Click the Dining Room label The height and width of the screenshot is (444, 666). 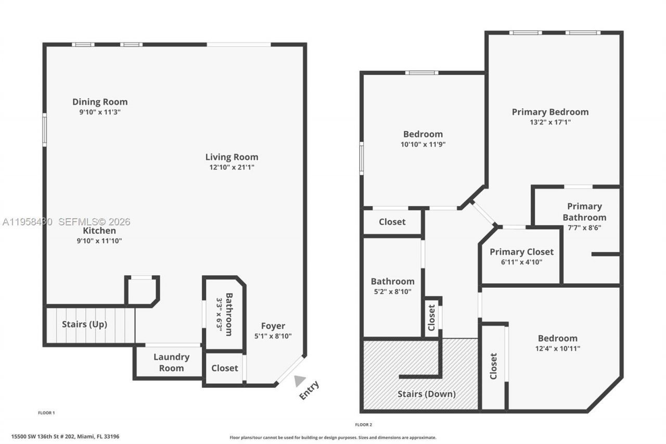point(100,102)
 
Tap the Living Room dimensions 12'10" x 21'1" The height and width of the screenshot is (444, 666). point(232,168)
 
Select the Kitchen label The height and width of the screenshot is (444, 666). point(99,231)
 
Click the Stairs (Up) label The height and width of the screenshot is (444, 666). point(84,324)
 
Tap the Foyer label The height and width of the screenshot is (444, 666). point(273,326)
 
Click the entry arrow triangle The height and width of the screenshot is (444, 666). point(299,381)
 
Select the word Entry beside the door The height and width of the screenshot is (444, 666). point(309,390)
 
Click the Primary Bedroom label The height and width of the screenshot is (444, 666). point(550,112)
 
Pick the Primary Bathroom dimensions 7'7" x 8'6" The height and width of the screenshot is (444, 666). point(584,228)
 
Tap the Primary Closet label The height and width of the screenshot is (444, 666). point(521,252)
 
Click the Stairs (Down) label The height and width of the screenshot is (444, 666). point(426,394)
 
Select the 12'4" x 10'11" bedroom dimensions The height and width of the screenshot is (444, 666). point(557,349)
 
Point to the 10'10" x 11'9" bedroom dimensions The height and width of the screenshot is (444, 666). point(423,145)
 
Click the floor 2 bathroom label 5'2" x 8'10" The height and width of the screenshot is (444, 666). point(393,291)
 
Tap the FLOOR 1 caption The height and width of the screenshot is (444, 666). point(46,413)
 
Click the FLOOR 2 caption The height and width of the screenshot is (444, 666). point(363,425)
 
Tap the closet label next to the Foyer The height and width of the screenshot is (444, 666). point(225,368)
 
